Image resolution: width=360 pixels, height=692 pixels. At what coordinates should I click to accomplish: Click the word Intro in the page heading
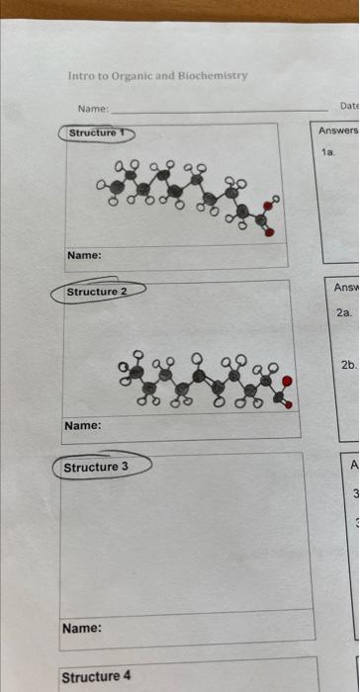[x=77, y=76]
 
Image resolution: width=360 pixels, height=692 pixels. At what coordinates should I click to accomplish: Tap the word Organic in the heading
[x=125, y=76]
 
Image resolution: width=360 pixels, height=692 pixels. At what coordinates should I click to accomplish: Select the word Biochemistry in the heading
[x=214, y=76]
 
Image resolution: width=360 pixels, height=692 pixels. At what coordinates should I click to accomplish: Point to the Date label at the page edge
[x=349, y=105]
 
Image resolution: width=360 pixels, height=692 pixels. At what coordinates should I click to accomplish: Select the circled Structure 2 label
[x=97, y=292]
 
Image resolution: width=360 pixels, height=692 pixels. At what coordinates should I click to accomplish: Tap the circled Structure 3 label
[x=96, y=466]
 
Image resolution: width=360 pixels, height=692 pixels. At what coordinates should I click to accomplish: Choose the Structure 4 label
[x=96, y=676]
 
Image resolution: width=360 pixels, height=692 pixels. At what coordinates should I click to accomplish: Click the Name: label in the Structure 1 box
[x=84, y=255]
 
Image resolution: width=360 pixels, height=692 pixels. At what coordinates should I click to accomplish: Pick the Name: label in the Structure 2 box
[x=83, y=425]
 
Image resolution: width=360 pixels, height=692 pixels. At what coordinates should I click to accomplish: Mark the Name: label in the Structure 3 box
[x=82, y=627]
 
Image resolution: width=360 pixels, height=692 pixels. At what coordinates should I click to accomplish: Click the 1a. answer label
[x=329, y=152]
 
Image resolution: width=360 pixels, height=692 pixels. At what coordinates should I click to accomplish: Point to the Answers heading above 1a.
[x=338, y=130]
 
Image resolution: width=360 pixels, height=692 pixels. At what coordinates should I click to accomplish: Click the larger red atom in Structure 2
[x=288, y=381]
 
